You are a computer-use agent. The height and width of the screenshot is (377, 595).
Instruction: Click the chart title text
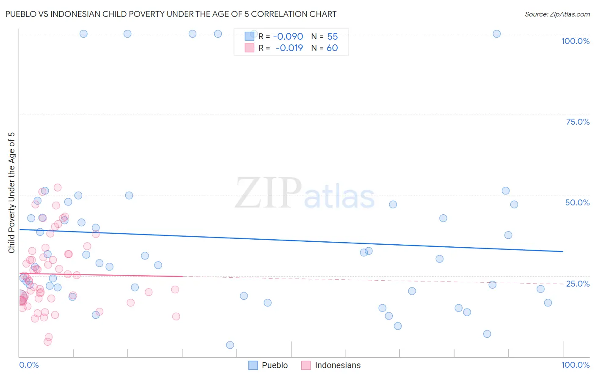tap(171, 14)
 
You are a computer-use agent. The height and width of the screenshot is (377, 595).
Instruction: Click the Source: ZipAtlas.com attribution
tap(557, 14)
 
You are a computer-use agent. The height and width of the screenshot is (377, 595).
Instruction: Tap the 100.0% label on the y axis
tap(575, 41)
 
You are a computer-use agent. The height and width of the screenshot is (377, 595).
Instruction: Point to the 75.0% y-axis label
tap(578, 122)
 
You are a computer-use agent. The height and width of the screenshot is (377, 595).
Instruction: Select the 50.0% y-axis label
tap(577, 202)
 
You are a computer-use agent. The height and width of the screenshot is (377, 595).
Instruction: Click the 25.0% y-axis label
tap(578, 284)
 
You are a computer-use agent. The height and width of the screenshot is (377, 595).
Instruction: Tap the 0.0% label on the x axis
tap(29, 365)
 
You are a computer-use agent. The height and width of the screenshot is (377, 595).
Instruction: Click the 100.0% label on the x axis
tap(575, 365)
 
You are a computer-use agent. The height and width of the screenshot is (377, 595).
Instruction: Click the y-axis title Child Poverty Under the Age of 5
tap(11, 193)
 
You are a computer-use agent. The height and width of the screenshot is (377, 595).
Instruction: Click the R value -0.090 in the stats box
tap(288, 37)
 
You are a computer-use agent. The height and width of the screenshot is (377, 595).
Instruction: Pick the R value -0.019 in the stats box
tap(289, 48)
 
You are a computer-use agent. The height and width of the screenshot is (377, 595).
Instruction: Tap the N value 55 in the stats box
tap(332, 37)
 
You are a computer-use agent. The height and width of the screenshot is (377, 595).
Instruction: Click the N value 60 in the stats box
tap(332, 48)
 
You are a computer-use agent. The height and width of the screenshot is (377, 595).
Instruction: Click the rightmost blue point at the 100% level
tap(497, 34)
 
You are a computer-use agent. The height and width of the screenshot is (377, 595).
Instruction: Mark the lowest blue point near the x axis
tap(230, 345)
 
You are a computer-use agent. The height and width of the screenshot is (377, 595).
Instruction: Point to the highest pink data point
tap(58, 188)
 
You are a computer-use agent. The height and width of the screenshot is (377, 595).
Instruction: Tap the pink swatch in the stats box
tap(250, 48)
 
